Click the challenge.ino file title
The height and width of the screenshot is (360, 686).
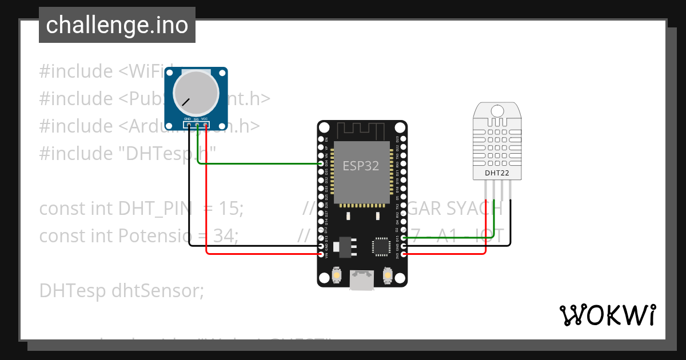117,25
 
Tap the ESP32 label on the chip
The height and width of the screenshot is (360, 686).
361,166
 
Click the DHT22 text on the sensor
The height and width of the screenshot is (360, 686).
497,173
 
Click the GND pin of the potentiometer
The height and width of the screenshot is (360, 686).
189,125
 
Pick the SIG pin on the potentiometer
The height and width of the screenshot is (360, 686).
197,125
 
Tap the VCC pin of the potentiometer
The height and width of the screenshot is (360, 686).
205,125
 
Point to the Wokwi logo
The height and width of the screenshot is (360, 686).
607,315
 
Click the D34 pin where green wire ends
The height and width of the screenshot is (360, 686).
321,164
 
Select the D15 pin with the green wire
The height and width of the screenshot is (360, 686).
404,238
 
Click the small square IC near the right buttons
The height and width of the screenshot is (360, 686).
380,246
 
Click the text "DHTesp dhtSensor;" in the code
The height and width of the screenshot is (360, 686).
121,291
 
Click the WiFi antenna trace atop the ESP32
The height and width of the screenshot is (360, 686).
362,130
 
